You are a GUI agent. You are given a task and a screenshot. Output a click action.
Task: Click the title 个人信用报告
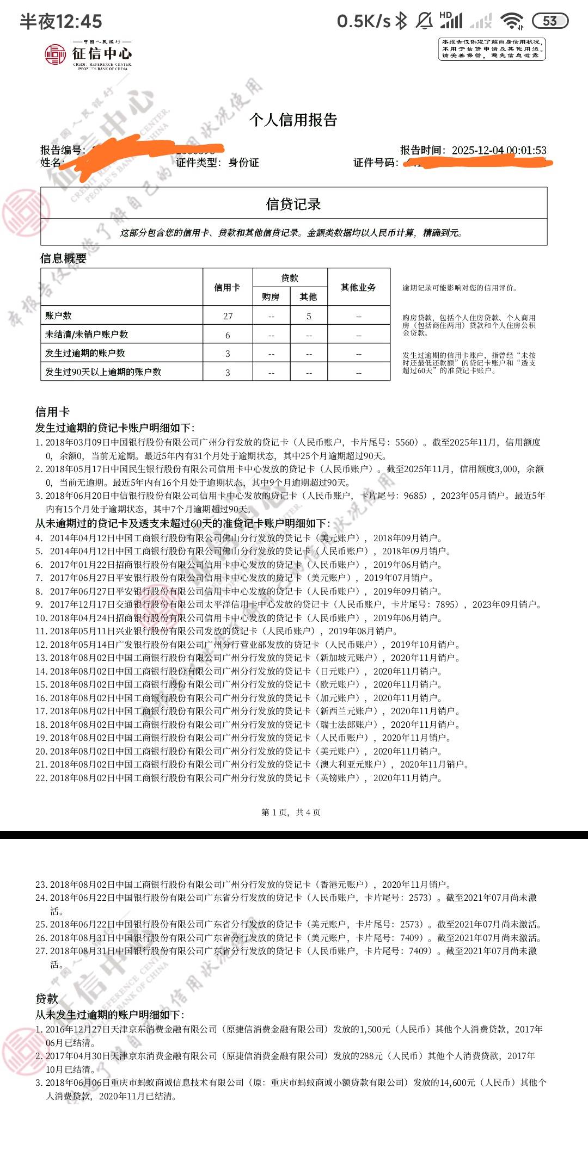pyautogui.click(x=293, y=120)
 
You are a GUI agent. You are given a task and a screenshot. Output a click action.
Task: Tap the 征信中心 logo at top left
pyautogui.click(x=88, y=55)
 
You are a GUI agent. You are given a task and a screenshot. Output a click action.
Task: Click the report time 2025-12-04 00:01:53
pyautogui.click(x=499, y=150)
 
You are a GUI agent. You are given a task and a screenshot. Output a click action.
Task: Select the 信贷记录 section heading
pyautogui.click(x=293, y=204)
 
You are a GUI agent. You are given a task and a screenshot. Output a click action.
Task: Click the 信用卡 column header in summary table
pyautogui.click(x=227, y=287)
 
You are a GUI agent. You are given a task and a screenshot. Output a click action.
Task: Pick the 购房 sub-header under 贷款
pyautogui.click(x=271, y=296)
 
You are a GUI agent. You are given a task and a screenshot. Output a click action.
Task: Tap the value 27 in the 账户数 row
pyautogui.click(x=228, y=316)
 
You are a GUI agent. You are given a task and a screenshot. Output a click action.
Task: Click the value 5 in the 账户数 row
pyautogui.click(x=309, y=316)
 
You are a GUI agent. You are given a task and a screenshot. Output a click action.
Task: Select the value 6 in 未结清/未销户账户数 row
pyautogui.click(x=228, y=335)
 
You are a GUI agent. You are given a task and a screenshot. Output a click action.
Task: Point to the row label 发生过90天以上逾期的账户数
pyautogui.click(x=103, y=372)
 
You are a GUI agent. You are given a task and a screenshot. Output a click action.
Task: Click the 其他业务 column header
pyautogui.click(x=358, y=287)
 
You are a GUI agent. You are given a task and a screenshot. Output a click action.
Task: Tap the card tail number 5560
pyautogui.click(x=406, y=442)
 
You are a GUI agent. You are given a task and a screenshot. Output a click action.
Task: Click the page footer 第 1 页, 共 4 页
pyautogui.click(x=291, y=812)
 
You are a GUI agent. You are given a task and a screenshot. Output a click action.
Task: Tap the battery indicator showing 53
pyautogui.click(x=550, y=21)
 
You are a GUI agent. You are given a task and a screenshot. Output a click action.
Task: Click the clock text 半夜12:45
pyautogui.click(x=61, y=21)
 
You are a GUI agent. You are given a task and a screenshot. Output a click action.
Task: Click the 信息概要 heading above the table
pyautogui.click(x=63, y=258)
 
